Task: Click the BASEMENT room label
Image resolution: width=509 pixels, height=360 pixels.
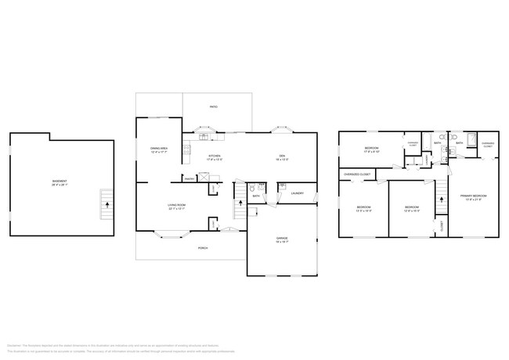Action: coord(60,183)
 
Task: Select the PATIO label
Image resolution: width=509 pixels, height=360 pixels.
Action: coord(213,106)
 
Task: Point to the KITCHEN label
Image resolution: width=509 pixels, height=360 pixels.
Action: coord(214,157)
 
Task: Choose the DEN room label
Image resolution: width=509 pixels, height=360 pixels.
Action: coord(282,157)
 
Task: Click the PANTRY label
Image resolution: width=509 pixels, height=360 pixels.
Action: coord(189,178)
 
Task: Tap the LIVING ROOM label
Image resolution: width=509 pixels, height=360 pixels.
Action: coord(176,207)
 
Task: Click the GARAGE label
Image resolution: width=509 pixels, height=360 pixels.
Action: coord(282,240)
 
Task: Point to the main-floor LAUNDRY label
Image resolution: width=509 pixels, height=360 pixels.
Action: coord(297,193)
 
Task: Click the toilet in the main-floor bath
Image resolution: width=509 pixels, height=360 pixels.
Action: coord(251,189)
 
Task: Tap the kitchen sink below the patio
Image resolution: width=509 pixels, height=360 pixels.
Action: coord(204,137)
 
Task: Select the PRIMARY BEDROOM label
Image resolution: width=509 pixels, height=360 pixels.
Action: coord(473,196)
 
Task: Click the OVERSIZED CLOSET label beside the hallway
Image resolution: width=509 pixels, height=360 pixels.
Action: coord(356,174)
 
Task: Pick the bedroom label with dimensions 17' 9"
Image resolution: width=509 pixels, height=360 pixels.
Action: coord(371,149)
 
